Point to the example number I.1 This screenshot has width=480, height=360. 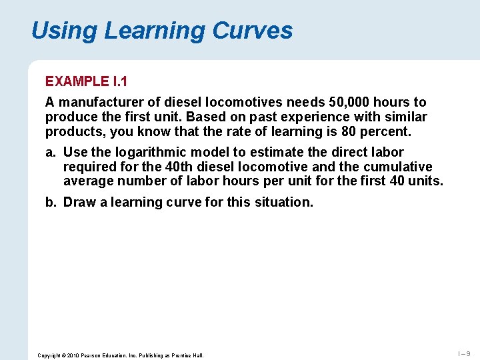119,81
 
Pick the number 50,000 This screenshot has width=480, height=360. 351,102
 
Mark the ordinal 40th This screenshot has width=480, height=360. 177,167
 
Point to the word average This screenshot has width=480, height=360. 88,181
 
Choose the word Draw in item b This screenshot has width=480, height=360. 79,202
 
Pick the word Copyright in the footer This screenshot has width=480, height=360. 49,355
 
